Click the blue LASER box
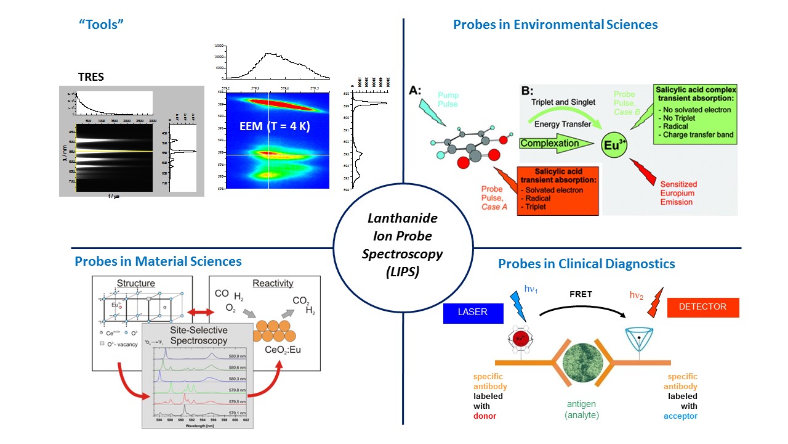473,312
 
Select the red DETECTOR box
702,307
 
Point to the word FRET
581,294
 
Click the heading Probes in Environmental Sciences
555,25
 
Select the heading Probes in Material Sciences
158,261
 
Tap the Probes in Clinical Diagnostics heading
586,264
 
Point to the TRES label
91,78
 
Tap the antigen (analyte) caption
582,409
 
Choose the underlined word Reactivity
273,283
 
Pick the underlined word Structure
136,283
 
